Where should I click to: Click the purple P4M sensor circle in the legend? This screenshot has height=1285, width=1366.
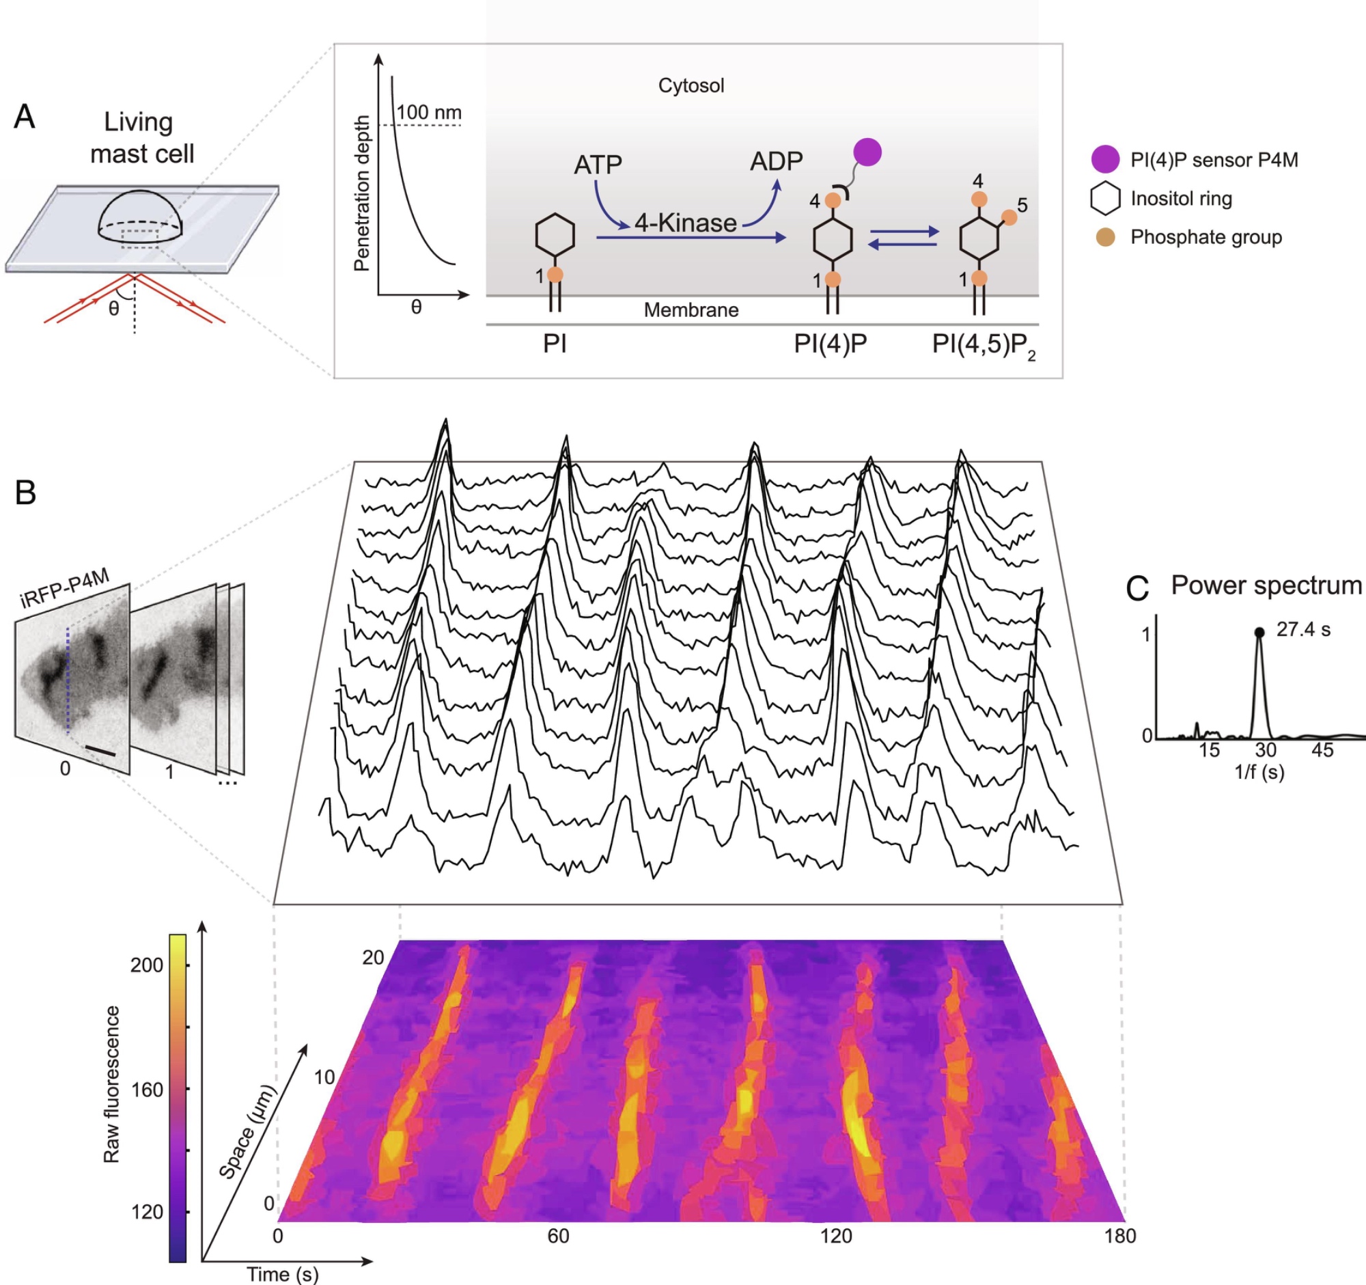[x=1106, y=159]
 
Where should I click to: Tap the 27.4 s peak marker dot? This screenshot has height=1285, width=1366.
[x=1259, y=632]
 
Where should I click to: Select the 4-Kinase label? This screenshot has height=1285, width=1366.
[x=685, y=223]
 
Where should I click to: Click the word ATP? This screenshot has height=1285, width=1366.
[x=598, y=165]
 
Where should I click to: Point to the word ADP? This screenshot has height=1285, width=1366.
[x=777, y=161]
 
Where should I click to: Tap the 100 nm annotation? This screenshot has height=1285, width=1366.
[x=429, y=112]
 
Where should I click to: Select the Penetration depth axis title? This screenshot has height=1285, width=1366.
[x=361, y=193]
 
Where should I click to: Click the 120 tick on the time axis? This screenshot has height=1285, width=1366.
[x=835, y=1236]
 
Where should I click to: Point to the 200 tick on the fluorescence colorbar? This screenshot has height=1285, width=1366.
[x=147, y=965]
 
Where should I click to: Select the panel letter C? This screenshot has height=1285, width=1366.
[x=1138, y=589]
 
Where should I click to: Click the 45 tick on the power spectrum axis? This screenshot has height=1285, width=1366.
[x=1322, y=750]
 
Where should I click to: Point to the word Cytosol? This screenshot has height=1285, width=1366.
[x=691, y=86]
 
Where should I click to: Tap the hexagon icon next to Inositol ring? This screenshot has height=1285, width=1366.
[x=1106, y=199]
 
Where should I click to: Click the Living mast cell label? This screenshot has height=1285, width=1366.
[x=141, y=137]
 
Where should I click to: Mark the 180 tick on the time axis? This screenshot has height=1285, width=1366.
[x=1119, y=1236]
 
